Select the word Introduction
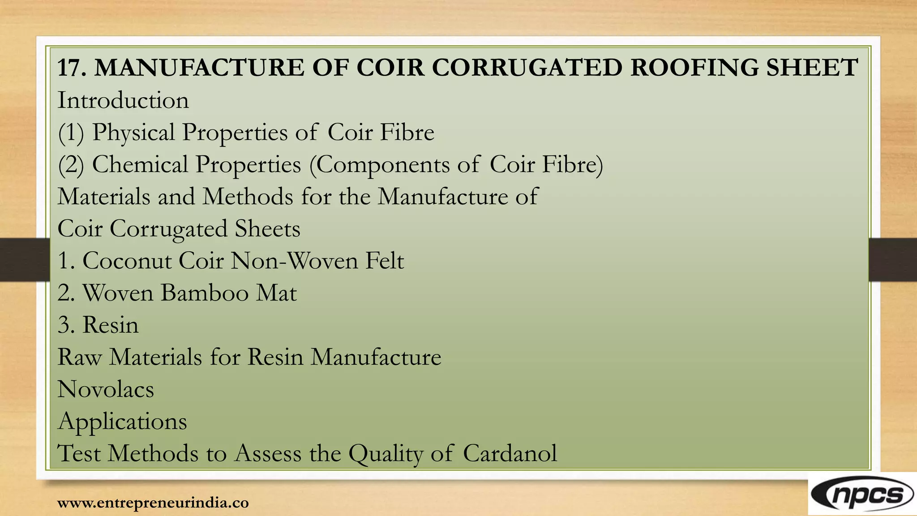pos(123,100)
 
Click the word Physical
pos(133,133)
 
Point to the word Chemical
pos(140,164)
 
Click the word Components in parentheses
pos(383,164)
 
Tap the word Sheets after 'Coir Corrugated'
pos(267,229)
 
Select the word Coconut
pos(127,261)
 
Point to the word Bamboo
pos(205,293)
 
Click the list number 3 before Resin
pos(65,325)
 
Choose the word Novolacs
pos(106,389)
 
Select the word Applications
pos(122,422)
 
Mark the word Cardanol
pos(510,453)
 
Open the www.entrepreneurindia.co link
pos(153,503)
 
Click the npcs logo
pos(862,495)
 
